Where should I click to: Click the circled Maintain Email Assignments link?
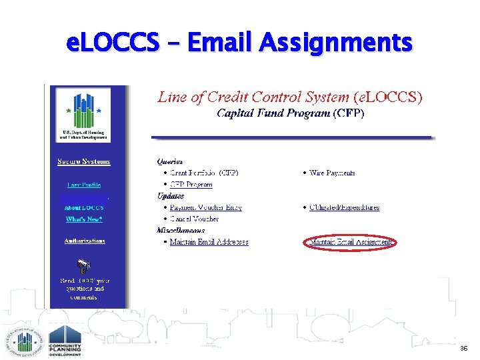pos(351,242)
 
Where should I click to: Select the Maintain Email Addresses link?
pos(209,242)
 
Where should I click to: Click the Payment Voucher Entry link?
pos(205,207)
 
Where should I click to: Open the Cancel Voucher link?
pos(194,219)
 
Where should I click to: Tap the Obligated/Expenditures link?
pos(344,207)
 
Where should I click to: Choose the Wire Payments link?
pos(332,173)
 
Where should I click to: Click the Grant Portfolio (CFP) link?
pos(199,173)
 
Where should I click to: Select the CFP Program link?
pos(191,185)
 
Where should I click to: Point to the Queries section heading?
pos(170,161)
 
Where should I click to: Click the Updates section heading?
pos(171,196)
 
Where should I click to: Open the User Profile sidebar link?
pos(84,185)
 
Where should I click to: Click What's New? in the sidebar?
pos(84,219)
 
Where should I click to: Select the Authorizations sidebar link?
pos(84,241)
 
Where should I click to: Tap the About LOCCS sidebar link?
pos(84,207)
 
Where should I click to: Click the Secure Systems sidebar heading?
pos(84,161)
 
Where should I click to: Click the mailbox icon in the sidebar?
pos(84,266)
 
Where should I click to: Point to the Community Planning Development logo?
pos(65,341)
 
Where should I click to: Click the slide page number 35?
pos(463,348)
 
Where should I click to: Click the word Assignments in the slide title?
pos(335,43)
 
